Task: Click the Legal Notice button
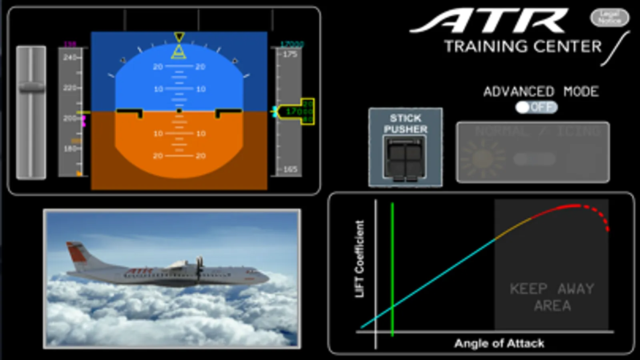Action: (609, 18)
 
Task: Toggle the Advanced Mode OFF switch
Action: (536, 107)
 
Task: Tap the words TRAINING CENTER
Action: (523, 47)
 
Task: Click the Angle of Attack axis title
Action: (499, 343)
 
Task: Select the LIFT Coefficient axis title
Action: (359, 259)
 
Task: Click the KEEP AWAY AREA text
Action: (552, 297)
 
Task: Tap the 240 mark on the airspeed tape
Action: (70, 58)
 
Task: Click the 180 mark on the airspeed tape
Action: (70, 149)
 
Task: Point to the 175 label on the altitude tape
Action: (290, 54)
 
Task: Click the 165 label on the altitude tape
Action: (290, 169)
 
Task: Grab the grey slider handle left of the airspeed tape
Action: (31, 87)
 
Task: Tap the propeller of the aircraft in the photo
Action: (199, 269)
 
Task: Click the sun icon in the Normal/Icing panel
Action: (482, 159)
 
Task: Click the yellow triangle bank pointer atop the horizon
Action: (179, 52)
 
